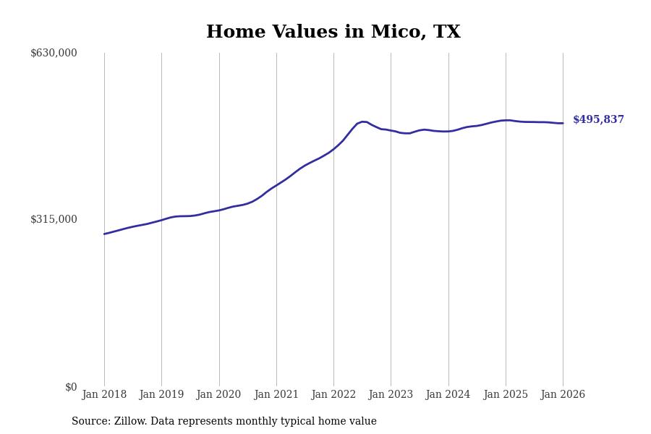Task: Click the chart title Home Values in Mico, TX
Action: pyautogui.click(x=333, y=33)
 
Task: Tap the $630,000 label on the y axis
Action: pyautogui.click(x=54, y=53)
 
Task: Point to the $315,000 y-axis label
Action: pyautogui.click(x=54, y=219)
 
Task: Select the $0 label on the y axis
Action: pyautogui.click(x=71, y=387)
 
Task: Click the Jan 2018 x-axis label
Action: pyautogui.click(x=104, y=395)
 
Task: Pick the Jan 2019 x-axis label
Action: pyautogui.click(x=161, y=395)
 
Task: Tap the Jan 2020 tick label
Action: pyautogui.click(x=218, y=395)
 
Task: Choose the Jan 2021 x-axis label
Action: pyautogui.click(x=276, y=395)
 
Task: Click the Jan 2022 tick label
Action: pyautogui.click(x=333, y=395)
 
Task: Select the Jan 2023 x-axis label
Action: pyautogui.click(x=391, y=395)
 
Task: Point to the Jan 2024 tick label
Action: pyautogui.click(x=448, y=395)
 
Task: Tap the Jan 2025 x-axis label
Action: pyautogui.click(x=506, y=395)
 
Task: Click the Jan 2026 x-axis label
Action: pyautogui.click(x=563, y=395)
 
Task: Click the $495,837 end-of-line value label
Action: pyautogui.click(x=598, y=120)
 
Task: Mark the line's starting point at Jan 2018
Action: pyautogui.click(x=104, y=234)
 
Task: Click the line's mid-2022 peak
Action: pyautogui.click(x=363, y=122)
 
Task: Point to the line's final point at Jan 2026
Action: pyautogui.click(x=563, y=123)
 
